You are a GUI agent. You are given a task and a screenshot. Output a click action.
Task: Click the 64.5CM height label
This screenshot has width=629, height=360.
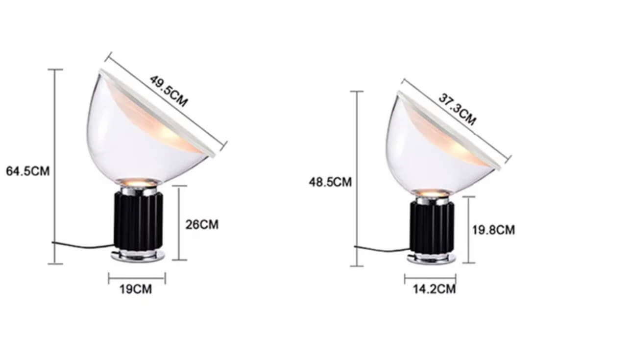(x=28, y=171)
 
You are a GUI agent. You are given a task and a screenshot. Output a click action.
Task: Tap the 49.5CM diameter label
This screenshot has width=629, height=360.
(x=169, y=91)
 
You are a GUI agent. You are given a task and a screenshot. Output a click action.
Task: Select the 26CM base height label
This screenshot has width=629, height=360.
(x=202, y=225)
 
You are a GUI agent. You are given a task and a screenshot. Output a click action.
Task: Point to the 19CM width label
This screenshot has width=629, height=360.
(x=136, y=289)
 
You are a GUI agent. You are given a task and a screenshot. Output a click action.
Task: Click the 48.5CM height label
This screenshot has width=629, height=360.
(x=331, y=182)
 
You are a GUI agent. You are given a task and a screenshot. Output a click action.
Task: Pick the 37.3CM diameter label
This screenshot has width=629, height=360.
(x=458, y=110)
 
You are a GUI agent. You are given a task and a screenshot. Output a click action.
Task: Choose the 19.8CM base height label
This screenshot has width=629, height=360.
(x=494, y=230)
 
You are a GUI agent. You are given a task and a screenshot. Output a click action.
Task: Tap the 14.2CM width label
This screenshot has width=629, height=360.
(x=435, y=288)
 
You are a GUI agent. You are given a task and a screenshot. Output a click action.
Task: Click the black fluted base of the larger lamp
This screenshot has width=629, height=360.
(x=138, y=221)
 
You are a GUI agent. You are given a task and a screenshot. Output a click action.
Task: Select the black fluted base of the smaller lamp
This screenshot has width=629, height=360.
(x=432, y=227)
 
